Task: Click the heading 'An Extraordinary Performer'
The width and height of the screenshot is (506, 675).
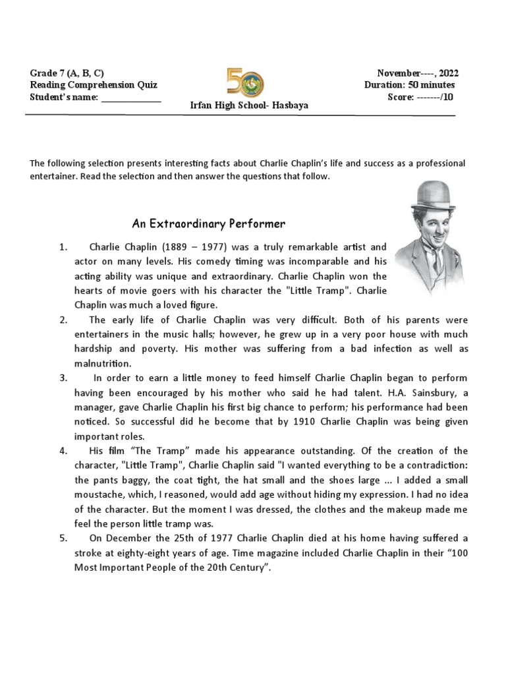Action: (x=208, y=224)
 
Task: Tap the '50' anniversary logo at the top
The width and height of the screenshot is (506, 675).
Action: (x=244, y=82)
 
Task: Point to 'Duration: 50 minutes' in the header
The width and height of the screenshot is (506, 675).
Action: (x=409, y=85)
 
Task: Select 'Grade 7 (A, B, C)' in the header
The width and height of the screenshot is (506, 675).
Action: (x=67, y=73)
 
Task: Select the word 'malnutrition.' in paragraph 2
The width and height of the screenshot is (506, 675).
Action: (x=103, y=363)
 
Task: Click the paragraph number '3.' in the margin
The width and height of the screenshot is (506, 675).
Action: (x=63, y=378)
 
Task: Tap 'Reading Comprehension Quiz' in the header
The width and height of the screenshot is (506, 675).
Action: (x=94, y=85)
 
